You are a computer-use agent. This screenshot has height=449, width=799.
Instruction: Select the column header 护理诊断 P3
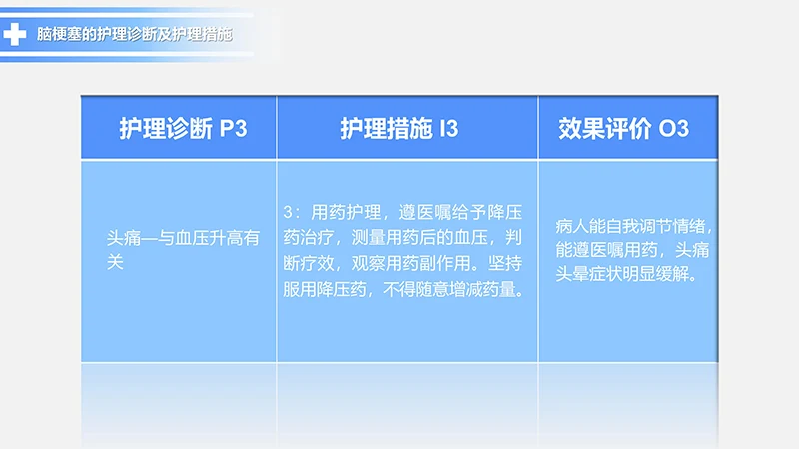(x=181, y=129)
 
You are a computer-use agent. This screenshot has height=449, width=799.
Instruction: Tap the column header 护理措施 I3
(x=399, y=129)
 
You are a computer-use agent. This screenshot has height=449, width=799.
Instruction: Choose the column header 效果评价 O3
(x=623, y=129)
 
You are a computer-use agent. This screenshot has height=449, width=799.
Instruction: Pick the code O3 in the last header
(x=674, y=129)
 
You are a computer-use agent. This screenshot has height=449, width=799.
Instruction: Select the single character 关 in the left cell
(x=115, y=262)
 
